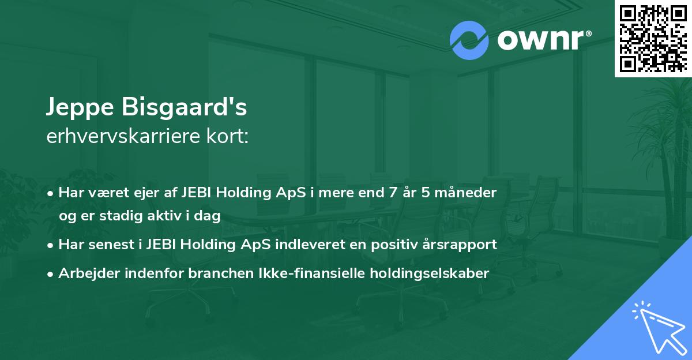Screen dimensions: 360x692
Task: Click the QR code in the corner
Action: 653,39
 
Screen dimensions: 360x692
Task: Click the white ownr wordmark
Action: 539,41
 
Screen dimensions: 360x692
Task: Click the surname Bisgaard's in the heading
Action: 185,107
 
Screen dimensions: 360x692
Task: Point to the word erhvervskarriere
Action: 126,137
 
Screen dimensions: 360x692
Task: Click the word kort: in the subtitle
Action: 230,137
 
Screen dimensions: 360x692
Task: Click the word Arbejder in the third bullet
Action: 85,273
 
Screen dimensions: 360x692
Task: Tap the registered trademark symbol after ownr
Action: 588,34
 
